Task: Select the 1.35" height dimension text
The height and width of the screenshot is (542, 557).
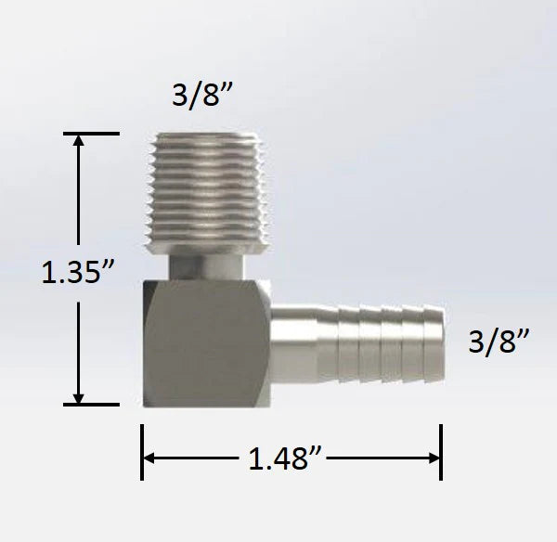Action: (x=78, y=274)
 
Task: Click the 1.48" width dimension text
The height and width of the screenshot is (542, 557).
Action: (x=290, y=457)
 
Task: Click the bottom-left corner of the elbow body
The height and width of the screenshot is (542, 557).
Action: (x=147, y=402)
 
